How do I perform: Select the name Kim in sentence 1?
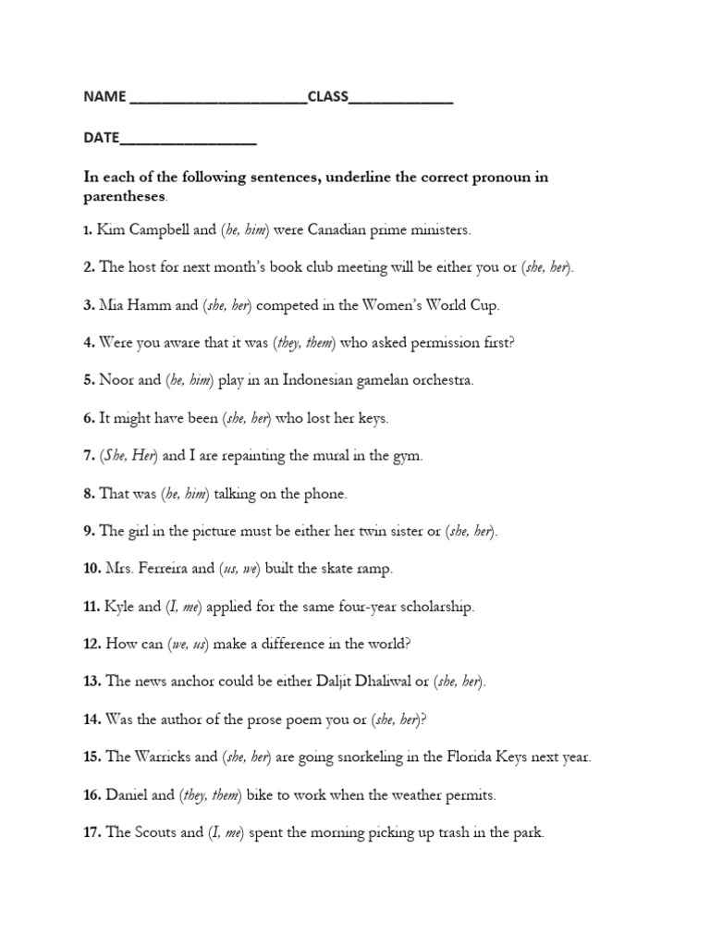pyautogui.click(x=110, y=229)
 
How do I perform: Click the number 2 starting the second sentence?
pyautogui.click(x=89, y=267)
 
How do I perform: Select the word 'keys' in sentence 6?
pyautogui.click(x=372, y=418)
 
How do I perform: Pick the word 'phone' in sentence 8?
pyautogui.click(x=325, y=494)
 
